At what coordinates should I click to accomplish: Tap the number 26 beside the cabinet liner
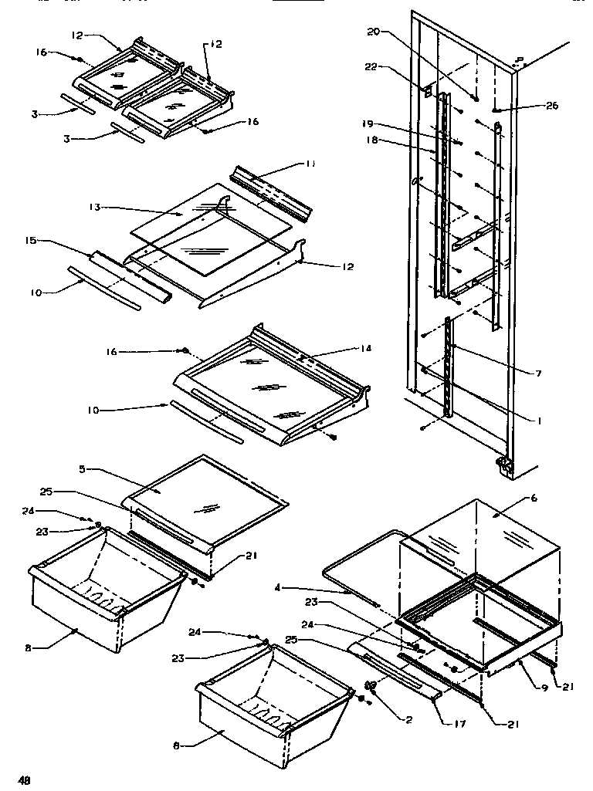tap(552, 106)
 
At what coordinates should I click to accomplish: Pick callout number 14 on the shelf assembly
tap(365, 348)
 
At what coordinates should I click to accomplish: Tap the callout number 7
tap(539, 374)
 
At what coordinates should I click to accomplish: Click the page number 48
tap(25, 780)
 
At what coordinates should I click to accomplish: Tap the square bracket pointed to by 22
tap(425, 90)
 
